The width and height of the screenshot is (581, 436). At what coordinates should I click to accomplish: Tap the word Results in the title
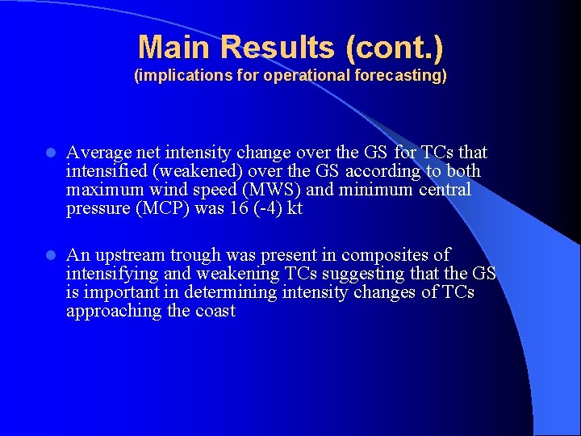[x=272, y=48]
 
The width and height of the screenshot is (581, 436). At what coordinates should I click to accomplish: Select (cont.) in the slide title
[x=395, y=48]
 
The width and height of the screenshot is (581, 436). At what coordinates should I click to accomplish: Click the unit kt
[x=295, y=208]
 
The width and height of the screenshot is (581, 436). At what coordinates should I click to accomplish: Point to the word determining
[x=233, y=292]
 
